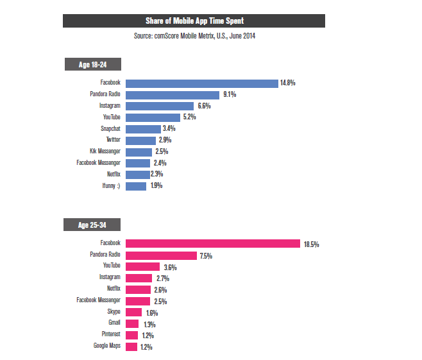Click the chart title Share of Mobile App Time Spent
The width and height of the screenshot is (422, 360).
click(x=194, y=21)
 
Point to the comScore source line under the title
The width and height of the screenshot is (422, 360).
click(x=194, y=36)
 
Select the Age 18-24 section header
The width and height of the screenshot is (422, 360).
click(x=92, y=64)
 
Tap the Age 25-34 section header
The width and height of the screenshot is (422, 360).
click(x=92, y=225)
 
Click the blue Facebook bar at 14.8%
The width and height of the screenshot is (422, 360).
click(x=201, y=83)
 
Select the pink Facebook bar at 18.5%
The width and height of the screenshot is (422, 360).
click(x=213, y=244)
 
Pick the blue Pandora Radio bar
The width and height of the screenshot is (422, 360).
click(x=172, y=94)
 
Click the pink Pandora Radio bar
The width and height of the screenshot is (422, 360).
click(x=161, y=255)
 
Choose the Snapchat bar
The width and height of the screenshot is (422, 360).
click(x=143, y=129)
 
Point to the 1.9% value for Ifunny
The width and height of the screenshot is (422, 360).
click(x=155, y=186)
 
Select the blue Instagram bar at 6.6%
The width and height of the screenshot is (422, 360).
click(x=160, y=106)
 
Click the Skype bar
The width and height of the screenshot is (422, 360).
click(x=133, y=313)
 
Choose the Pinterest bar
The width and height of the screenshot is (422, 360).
click(x=131, y=335)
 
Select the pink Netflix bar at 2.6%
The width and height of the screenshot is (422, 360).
click(x=138, y=289)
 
